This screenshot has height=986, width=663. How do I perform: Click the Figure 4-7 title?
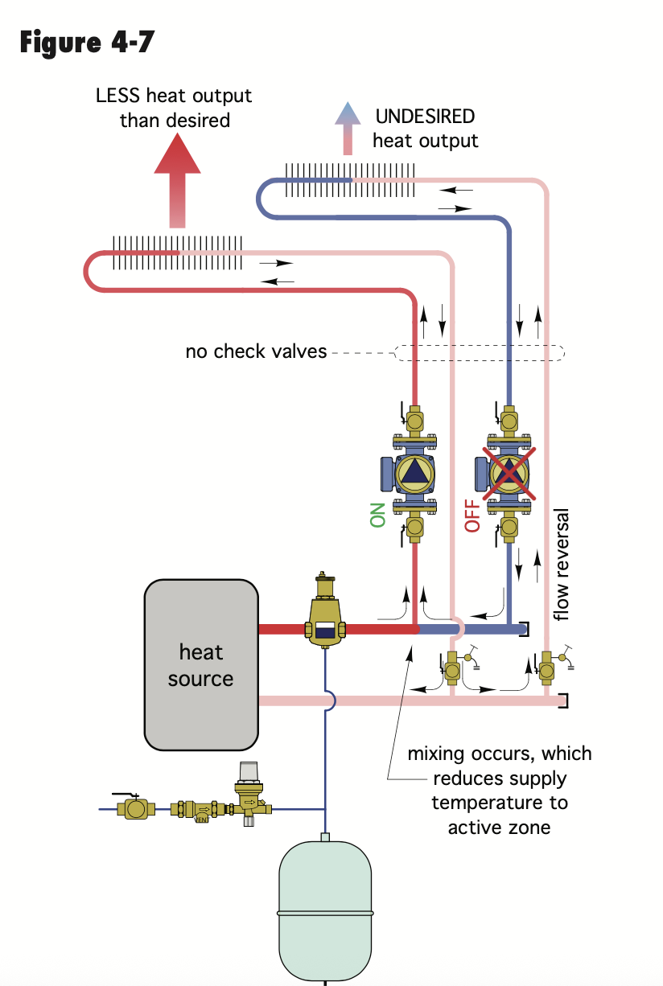[86, 41]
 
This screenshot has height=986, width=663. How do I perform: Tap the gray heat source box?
[201, 664]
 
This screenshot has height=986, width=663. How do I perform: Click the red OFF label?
[472, 515]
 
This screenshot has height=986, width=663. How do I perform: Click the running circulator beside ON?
[415, 471]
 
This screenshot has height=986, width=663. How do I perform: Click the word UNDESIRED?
[425, 117]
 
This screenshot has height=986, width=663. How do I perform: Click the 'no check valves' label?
[256, 351]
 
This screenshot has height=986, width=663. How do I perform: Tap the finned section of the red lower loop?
[177, 251]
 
